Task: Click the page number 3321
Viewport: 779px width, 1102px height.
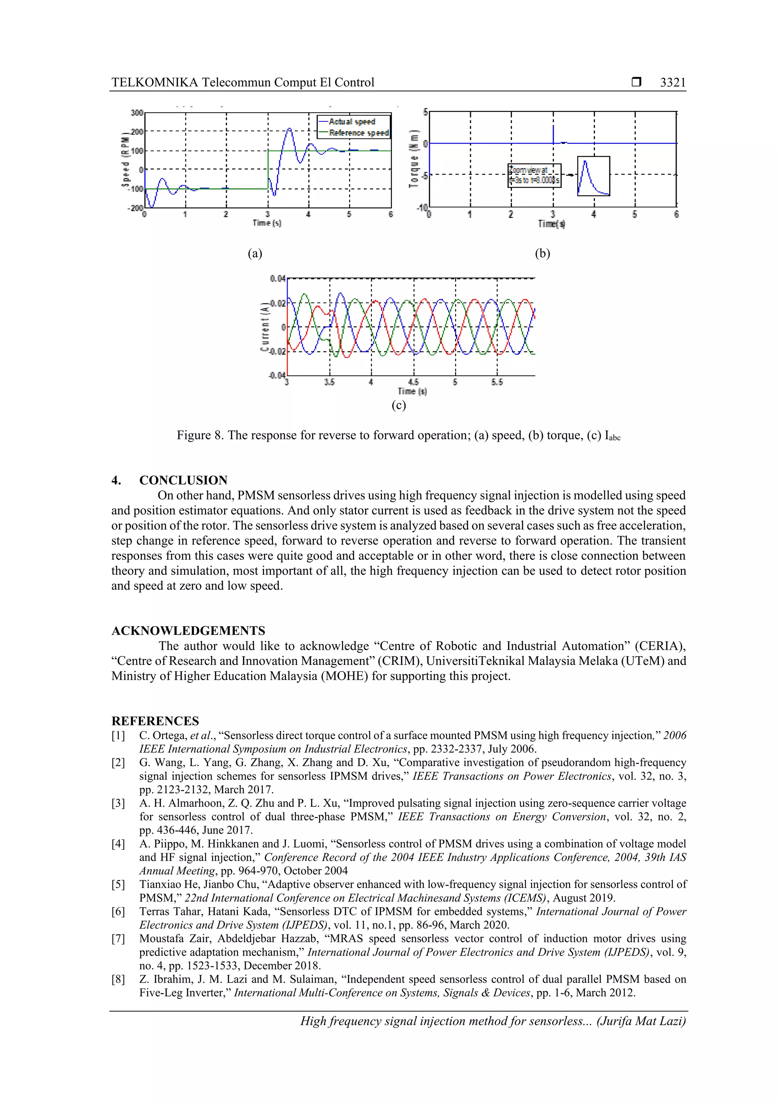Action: [672, 83]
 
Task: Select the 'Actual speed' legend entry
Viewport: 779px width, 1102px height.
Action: [352, 122]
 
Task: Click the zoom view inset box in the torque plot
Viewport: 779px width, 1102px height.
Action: [593, 176]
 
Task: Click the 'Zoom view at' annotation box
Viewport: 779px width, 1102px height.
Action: [534, 175]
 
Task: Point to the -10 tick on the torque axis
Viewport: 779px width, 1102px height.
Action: [422, 207]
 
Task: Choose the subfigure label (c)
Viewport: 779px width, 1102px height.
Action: [398, 405]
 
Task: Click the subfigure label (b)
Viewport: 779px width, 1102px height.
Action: [542, 253]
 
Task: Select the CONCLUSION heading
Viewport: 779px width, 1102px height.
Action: [183, 480]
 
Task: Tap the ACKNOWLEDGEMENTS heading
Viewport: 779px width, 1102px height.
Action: [188, 631]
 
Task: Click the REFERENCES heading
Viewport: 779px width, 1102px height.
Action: [155, 721]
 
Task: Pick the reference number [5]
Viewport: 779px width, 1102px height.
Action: [118, 884]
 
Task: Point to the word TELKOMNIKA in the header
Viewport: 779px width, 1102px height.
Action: [154, 83]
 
